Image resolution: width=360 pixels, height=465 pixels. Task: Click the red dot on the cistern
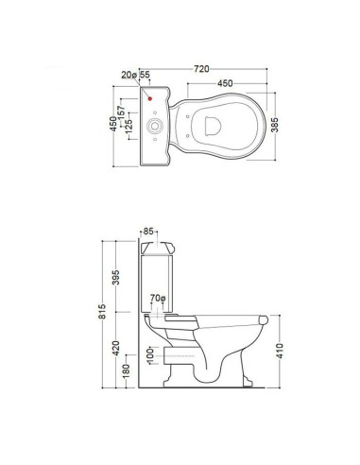click(151, 97)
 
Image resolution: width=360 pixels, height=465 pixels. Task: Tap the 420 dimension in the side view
click(115, 349)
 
